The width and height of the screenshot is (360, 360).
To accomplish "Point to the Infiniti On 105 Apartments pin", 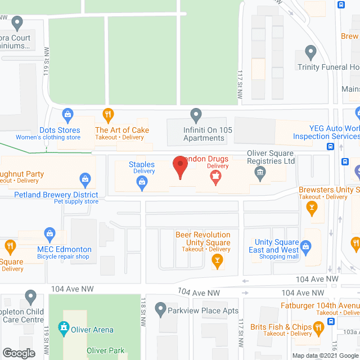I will click(196, 115).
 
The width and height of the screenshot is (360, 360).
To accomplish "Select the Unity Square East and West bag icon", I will click(305, 246).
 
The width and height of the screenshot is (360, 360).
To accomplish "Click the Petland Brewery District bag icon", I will click(85, 181).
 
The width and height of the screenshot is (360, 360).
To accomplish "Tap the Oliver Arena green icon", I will click(64, 327).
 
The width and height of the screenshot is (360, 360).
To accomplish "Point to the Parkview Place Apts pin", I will click(161, 310).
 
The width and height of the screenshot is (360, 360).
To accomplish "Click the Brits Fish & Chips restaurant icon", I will click(318, 327).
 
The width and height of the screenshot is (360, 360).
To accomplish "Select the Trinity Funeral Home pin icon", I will click(310, 53).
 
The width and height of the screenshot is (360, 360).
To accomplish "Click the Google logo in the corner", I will click(19, 353).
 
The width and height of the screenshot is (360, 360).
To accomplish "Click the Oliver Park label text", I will click(105, 350).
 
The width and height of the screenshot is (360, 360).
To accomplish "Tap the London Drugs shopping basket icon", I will click(214, 178).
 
